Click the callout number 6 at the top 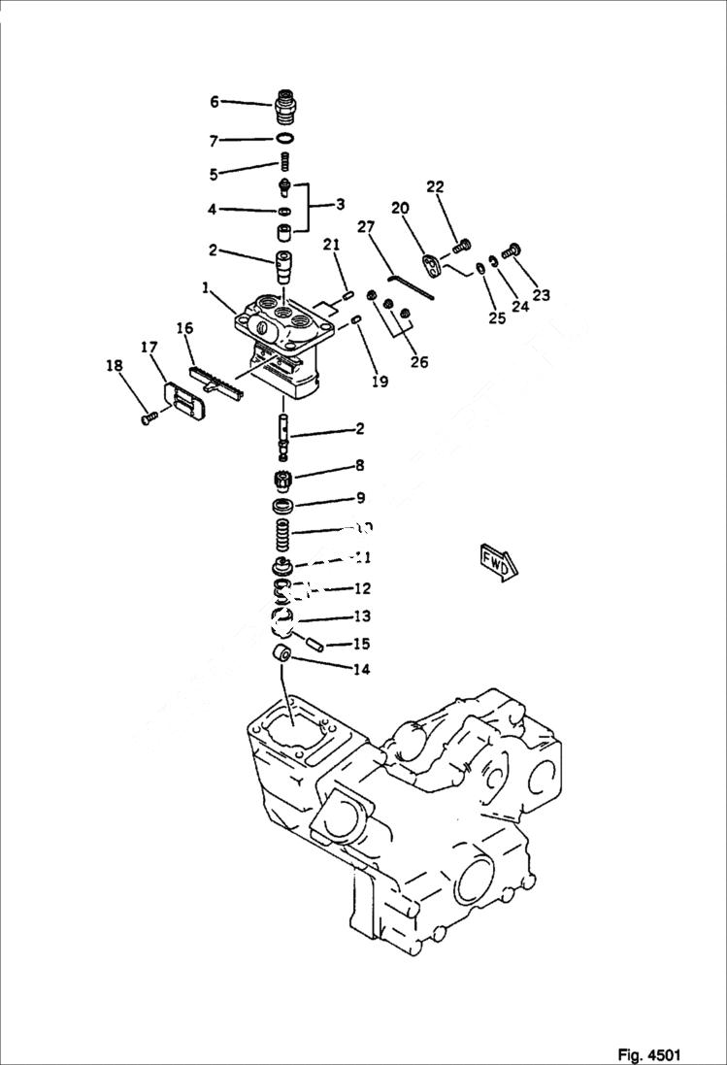pos(215,101)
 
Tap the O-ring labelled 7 pos(284,140)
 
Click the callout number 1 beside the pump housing pos(206,288)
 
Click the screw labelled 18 pos(149,417)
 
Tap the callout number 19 pos(380,382)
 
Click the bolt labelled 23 pos(513,251)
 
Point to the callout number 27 pos(365,228)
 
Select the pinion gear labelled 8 pos(283,480)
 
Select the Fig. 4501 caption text pos(648,1054)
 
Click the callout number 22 pos(435,187)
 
